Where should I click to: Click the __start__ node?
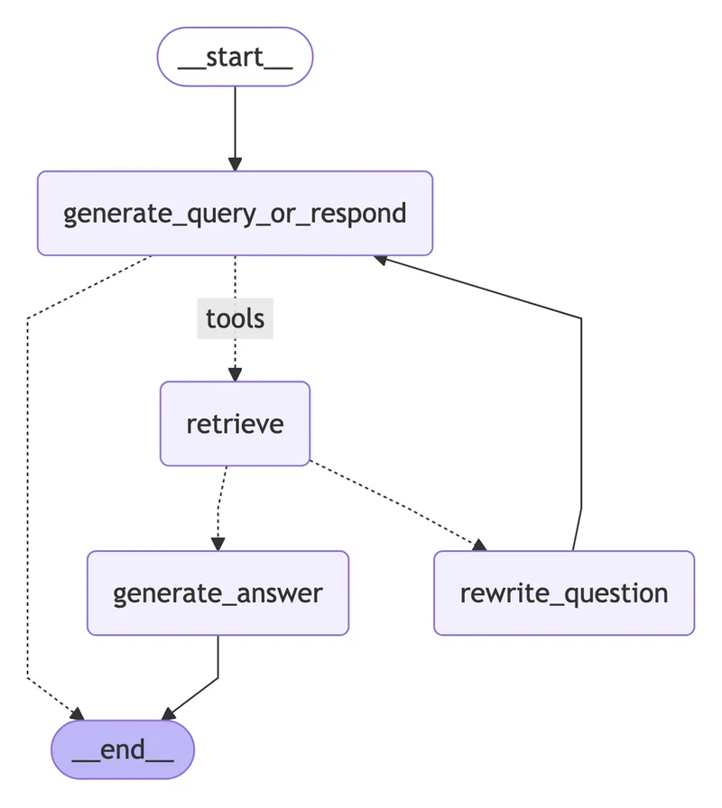click(x=235, y=57)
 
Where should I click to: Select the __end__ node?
click(x=123, y=750)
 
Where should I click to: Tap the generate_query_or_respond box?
click(x=235, y=213)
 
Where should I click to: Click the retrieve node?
click(x=235, y=423)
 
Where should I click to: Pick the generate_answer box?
click(x=218, y=592)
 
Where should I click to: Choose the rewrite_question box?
click(x=564, y=592)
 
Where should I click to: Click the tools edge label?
click(x=235, y=317)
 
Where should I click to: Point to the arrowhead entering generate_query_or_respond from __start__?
click(x=235, y=164)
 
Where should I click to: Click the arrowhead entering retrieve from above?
click(x=235, y=374)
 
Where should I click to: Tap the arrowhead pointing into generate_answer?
click(x=218, y=543)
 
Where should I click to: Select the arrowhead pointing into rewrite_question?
click(x=478, y=545)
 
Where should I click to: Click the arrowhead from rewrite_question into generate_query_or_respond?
click(x=381, y=259)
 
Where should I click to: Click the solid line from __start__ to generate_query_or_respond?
click(x=235, y=122)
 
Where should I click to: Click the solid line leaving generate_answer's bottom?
click(x=218, y=658)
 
